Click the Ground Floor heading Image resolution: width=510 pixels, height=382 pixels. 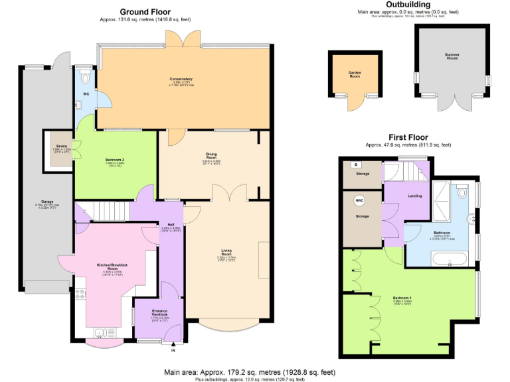coord(145,11)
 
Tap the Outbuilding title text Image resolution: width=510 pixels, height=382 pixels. coord(408,5)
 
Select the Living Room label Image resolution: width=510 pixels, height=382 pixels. coord(226,252)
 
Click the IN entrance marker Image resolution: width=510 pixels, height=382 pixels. coord(173,350)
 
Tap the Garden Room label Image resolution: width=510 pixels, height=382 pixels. coord(354,75)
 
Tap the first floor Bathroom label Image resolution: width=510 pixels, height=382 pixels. coord(443,233)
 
